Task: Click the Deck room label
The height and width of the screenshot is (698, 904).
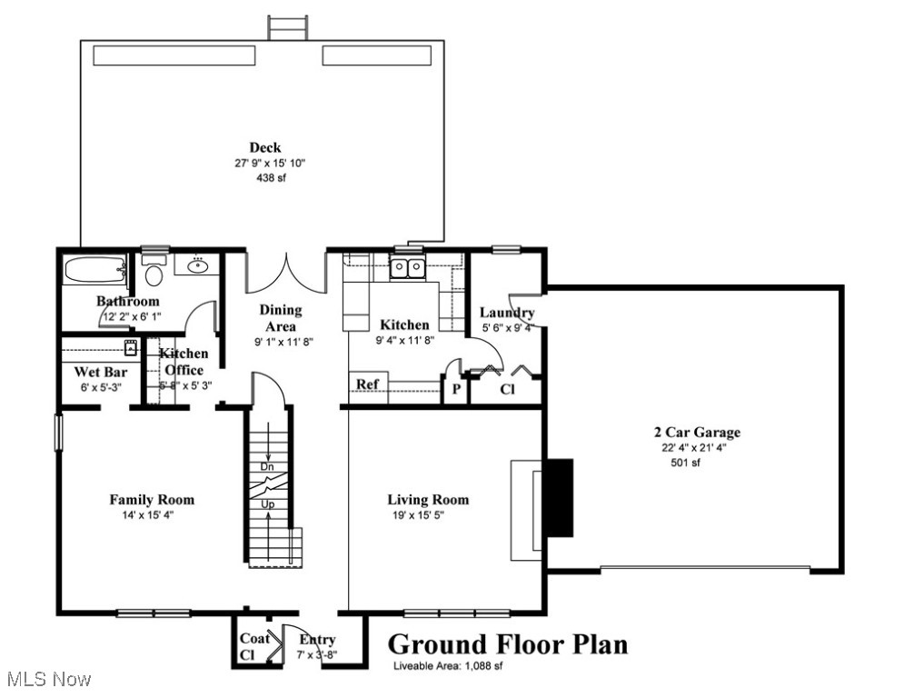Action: pyautogui.click(x=265, y=147)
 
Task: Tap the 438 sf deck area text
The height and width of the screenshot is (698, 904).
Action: pyautogui.click(x=265, y=178)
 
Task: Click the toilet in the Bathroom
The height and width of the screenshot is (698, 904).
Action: pyautogui.click(x=154, y=273)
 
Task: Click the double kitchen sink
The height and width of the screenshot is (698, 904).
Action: pyautogui.click(x=408, y=267)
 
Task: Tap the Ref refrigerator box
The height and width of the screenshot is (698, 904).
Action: pyautogui.click(x=367, y=384)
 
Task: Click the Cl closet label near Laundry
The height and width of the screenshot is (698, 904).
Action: pyautogui.click(x=508, y=388)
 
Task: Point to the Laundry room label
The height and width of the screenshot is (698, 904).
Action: pyautogui.click(x=507, y=313)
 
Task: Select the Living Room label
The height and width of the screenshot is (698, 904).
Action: pyautogui.click(x=428, y=499)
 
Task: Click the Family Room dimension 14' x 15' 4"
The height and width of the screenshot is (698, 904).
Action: pyautogui.click(x=152, y=515)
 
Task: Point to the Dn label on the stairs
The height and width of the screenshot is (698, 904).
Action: pyautogui.click(x=268, y=466)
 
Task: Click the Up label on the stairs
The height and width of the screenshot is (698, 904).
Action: pyautogui.click(x=268, y=504)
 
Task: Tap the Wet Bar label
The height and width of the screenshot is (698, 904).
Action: pyautogui.click(x=100, y=372)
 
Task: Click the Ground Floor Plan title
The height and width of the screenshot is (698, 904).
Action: pyautogui.click(x=508, y=644)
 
